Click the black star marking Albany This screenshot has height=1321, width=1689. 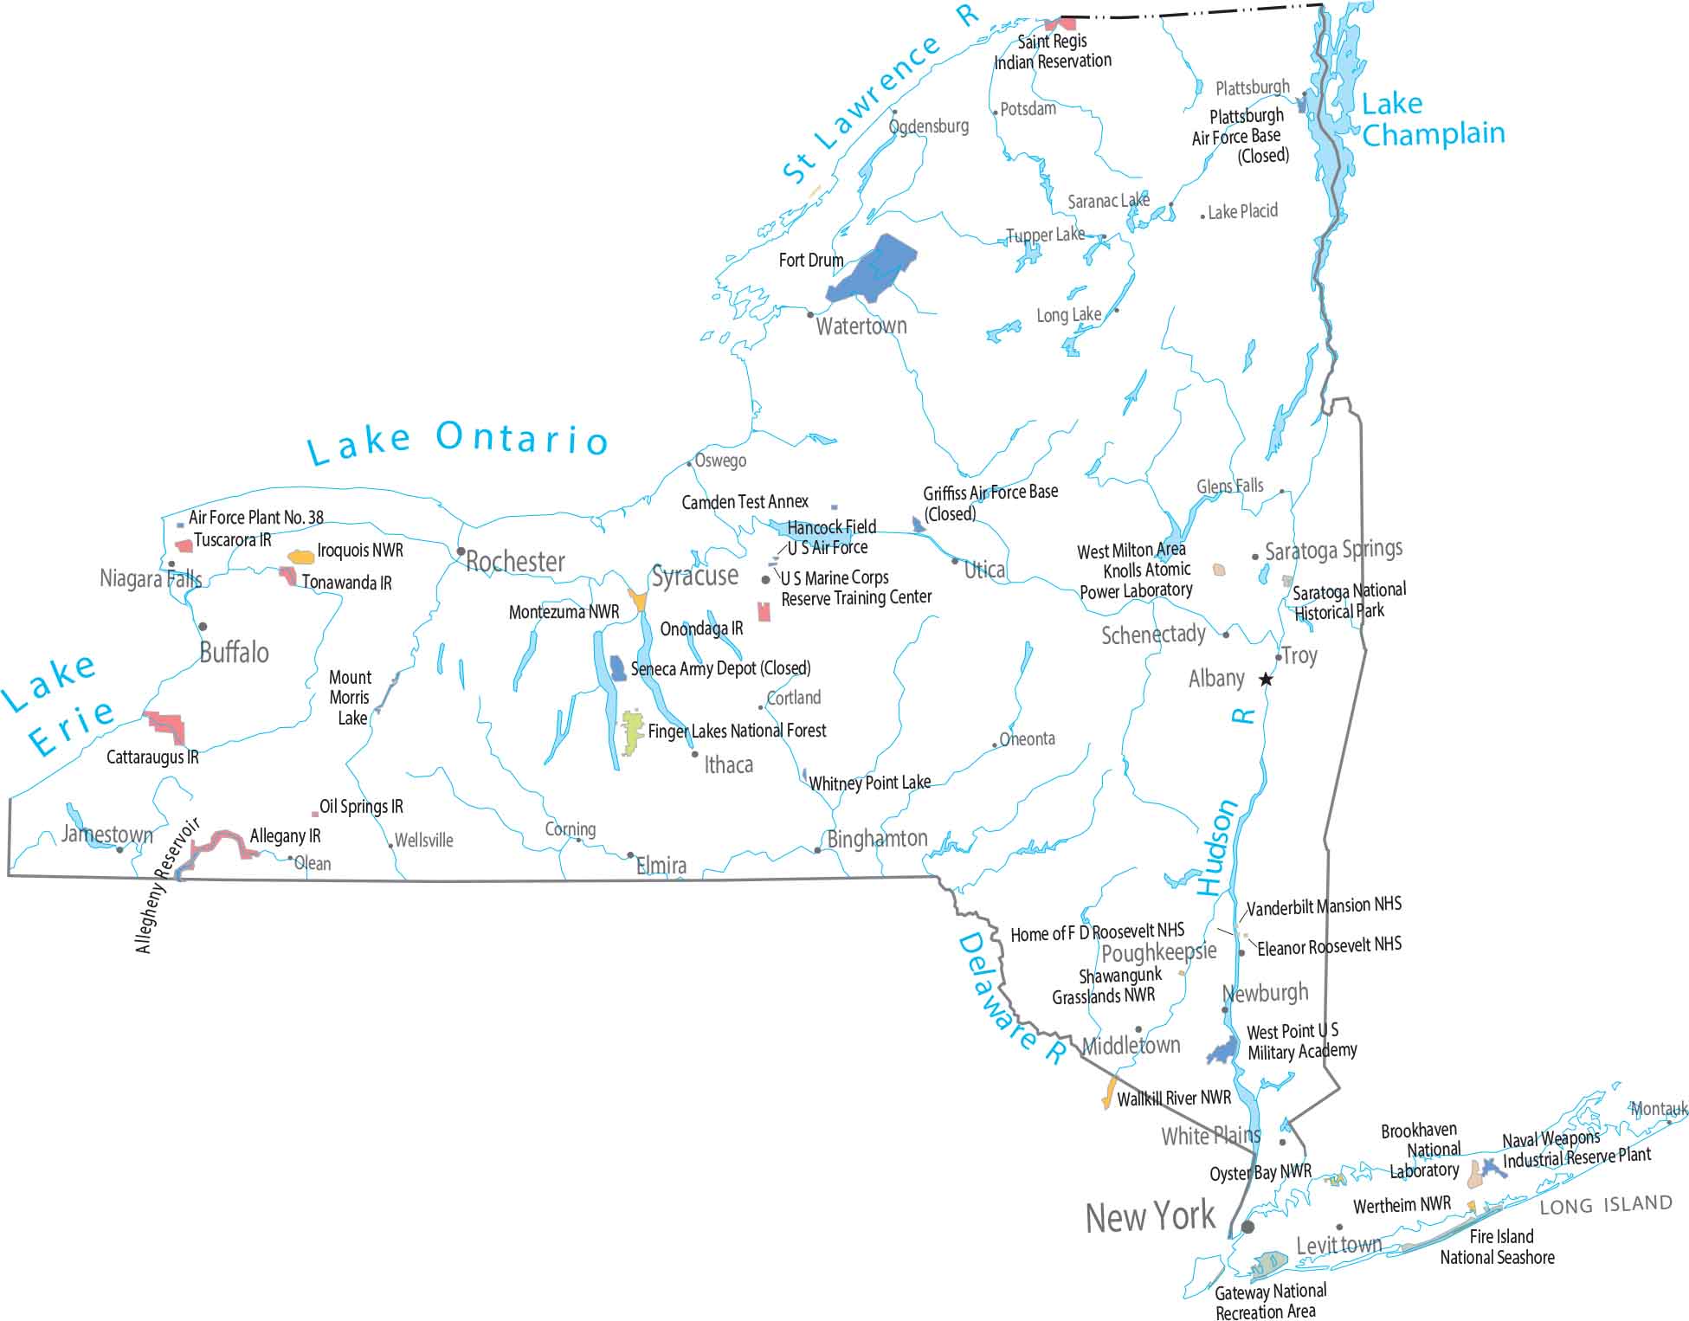click(1266, 680)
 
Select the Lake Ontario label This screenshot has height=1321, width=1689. click(458, 441)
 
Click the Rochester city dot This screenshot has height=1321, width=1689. click(461, 551)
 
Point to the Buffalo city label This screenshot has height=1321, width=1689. click(234, 653)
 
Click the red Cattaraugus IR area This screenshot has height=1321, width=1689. click(166, 725)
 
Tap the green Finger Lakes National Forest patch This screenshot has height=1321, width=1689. click(633, 732)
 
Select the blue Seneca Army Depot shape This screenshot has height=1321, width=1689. click(618, 668)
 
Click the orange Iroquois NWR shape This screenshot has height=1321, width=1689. click(301, 557)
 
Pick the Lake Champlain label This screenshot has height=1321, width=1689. click(1432, 119)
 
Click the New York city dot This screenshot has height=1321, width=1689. click(1247, 1227)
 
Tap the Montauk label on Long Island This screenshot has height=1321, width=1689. click(1659, 1109)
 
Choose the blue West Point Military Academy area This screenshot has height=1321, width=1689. click(1223, 1052)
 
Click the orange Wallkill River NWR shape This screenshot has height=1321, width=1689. click(1108, 1093)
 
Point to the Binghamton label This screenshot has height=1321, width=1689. click(877, 839)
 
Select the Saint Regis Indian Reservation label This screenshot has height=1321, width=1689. click(1053, 51)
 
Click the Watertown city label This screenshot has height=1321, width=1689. click(861, 326)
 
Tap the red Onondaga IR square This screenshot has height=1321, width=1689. click(764, 612)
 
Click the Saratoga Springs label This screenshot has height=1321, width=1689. click(1333, 550)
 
